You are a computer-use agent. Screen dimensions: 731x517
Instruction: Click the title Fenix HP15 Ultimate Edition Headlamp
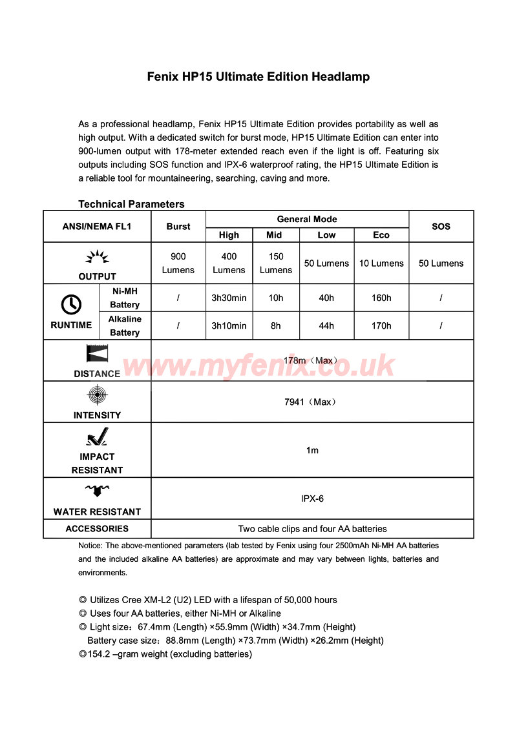pos(258,77)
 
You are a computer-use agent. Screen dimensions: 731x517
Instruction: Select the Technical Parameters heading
pos(131,204)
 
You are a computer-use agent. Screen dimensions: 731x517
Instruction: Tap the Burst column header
pos(178,227)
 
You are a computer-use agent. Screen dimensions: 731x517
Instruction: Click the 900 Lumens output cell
pos(178,263)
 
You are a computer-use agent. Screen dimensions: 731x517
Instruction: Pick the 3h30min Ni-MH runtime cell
pos(229,298)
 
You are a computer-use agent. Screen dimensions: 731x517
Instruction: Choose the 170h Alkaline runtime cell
pos(381,325)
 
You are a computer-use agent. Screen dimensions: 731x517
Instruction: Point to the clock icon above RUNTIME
pos(71,304)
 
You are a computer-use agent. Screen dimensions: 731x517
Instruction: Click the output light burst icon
pos(97,258)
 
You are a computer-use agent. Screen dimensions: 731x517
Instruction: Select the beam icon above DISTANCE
pos(97,354)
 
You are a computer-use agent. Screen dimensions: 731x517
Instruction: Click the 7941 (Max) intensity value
pos(311,402)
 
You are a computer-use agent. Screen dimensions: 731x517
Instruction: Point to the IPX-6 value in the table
pos(312,499)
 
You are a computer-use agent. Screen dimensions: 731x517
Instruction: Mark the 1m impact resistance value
pos(312,450)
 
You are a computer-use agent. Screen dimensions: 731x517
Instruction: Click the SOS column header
pos(441,227)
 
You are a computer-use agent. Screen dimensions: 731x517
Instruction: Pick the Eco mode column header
pos(381,235)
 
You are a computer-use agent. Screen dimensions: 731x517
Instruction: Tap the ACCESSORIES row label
pos(97,528)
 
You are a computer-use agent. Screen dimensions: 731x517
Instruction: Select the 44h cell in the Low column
pos(326,325)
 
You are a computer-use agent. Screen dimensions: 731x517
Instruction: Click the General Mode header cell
pos(307,219)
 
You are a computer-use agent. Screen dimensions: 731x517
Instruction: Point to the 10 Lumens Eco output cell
pos(381,263)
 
